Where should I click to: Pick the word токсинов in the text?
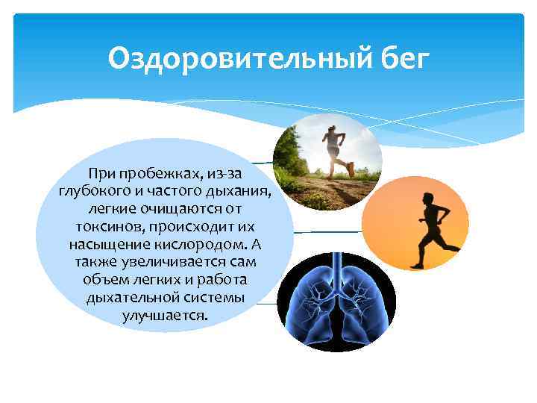tap(104, 225)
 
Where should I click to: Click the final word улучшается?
tap(165, 316)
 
